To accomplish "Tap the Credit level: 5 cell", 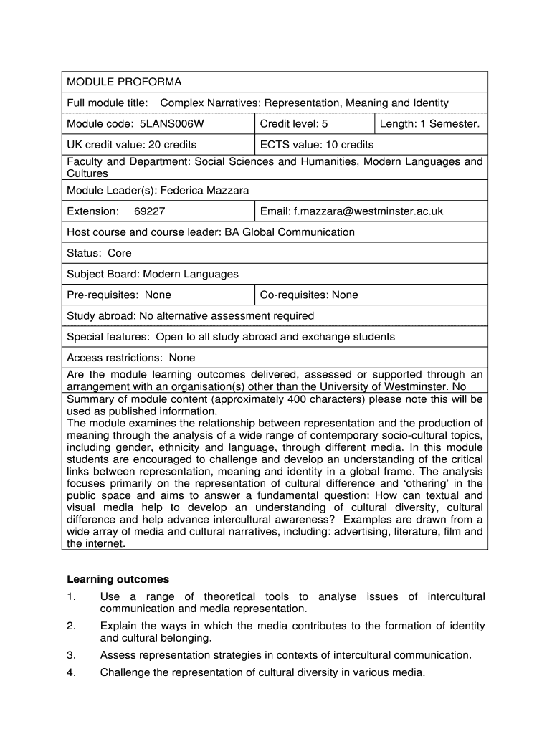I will pos(294,124).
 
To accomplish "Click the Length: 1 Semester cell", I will pos(429,124).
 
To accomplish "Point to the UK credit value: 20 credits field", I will pos(131,145).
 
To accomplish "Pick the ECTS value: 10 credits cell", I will pos(317,145).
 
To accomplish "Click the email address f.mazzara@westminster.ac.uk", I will pos(368,211).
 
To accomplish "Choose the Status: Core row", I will pos(99,253).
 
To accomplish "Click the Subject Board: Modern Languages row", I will pos(153,274).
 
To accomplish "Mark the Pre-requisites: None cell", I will pos(119,295).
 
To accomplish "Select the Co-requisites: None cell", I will pos(309,295).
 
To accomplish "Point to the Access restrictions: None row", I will pos(130,358).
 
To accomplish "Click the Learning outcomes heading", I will pos(118,579).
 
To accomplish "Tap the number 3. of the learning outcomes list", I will pos(71,655).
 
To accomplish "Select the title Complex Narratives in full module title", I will pos(212,103).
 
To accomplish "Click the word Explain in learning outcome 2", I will pos(118,626).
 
